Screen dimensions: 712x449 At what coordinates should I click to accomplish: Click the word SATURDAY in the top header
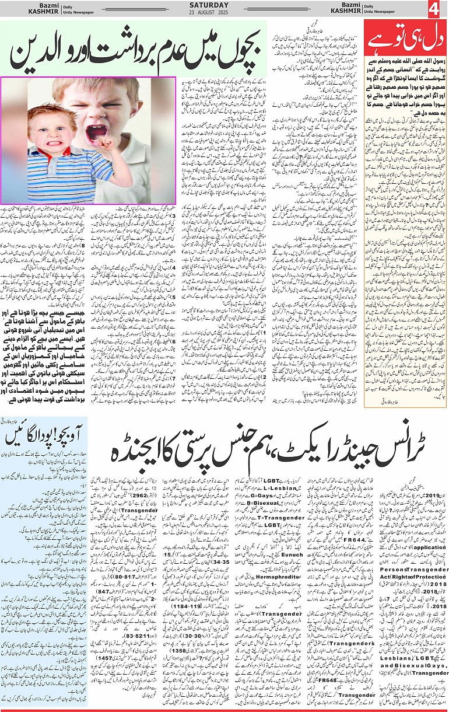pyautogui.click(x=224, y=5)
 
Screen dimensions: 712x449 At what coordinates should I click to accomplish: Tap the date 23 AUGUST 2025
pyautogui.click(x=224, y=12)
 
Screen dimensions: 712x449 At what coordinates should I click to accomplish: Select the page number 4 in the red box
pyautogui.click(x=434, y=9)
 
